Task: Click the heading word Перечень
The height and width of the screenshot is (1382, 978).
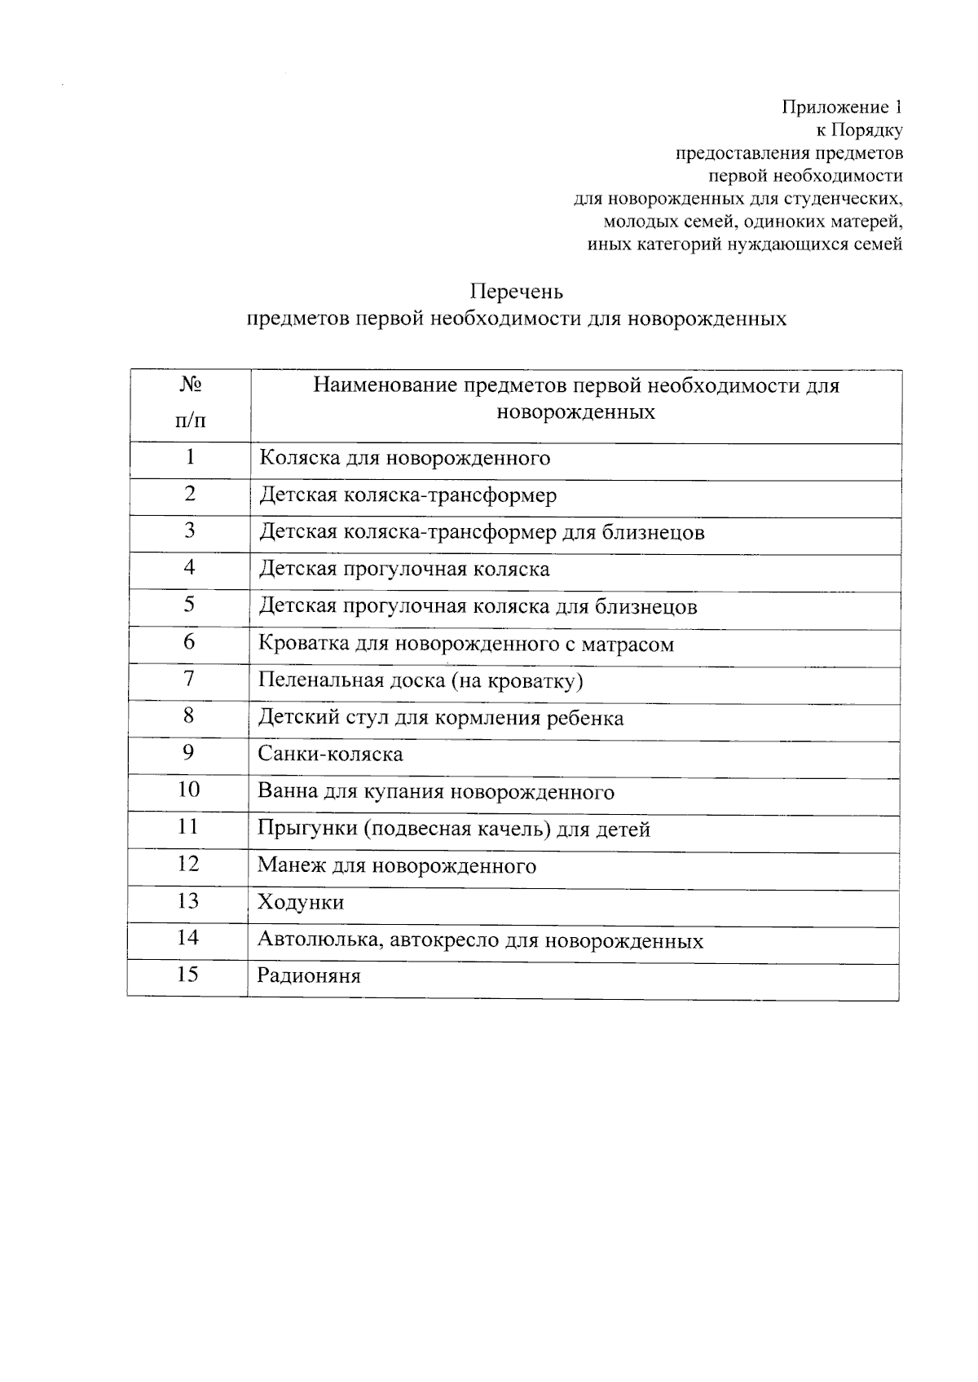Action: pyautogui.click(x=516, y=292)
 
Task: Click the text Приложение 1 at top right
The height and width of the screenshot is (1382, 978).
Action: pyautogui.click(x=842, y=107)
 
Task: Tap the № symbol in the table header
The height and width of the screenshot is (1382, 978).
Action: pyautogui.click(x=190, y=384)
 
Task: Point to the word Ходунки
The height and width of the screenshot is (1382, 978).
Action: pyautogui.click(x=301, y=903)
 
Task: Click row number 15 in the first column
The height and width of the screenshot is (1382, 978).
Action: pyautogui.click(x=187, y=975)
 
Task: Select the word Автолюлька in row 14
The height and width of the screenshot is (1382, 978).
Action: pyautogui.click(x=320, y=940)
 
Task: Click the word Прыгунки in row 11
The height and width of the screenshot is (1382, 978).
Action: pyautogui.click(x=307, y=830)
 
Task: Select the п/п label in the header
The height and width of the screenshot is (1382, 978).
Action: pyautogui.click(x=190, y=420)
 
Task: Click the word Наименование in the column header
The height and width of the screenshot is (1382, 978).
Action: pyautogui.click(x=386, y=385)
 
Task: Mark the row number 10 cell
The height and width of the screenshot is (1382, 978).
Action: pyautogui.click(x=188, y=790)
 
